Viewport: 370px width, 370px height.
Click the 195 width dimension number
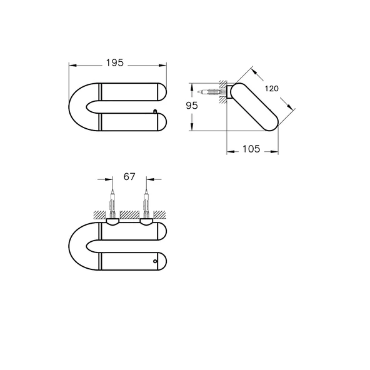coord(115,62)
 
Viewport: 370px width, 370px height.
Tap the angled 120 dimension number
coord(271,89)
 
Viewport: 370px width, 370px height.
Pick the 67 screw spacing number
coord(129,177)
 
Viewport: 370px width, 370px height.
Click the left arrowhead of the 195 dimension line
coord(71,64)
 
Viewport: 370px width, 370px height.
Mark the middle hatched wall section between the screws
coord(129,214)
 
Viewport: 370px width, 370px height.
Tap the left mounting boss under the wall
coord(112,221)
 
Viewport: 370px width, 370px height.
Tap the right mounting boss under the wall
coord(146,221)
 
